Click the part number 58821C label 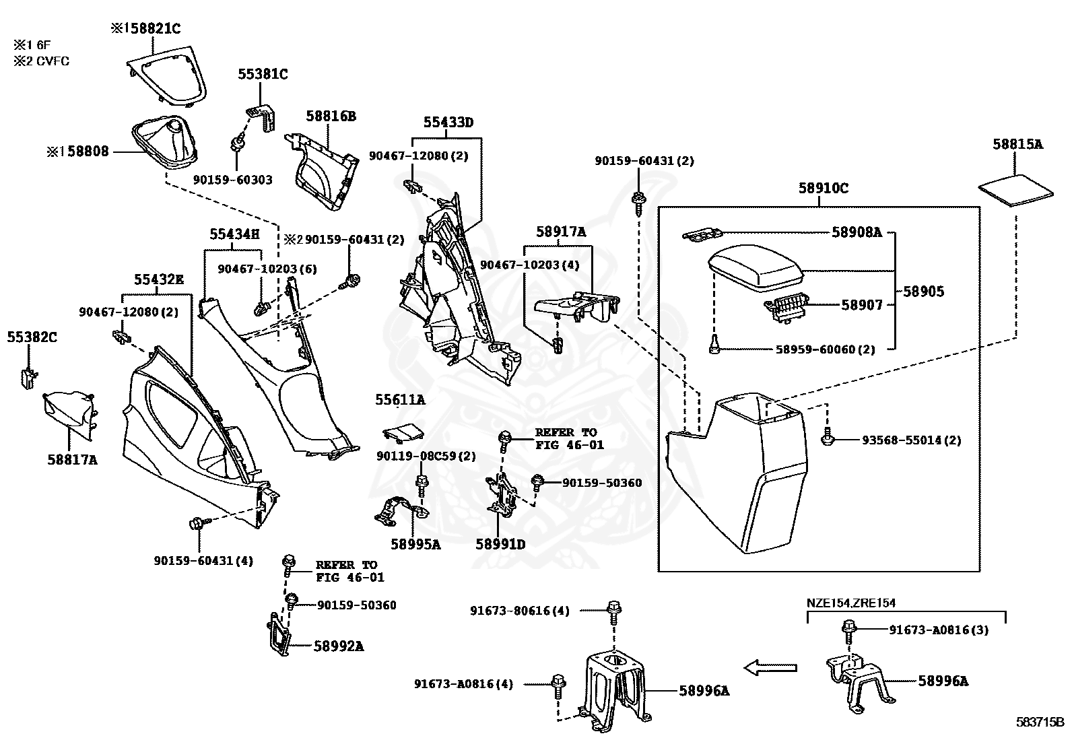pos(152,29)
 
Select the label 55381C pos(263,74)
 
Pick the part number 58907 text pos(861,305)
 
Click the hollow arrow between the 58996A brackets pos(770,667)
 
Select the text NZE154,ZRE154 pos(851,603)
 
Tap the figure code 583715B pos(1040,722)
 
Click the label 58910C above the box pos(823,188)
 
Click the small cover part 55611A pos(403,432)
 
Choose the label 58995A pos(415,544)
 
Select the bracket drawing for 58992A pos(279,634)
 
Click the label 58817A pos(72,460)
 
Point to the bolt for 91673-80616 pos(613,612)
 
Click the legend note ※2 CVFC pos(41,61)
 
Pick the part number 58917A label pos(560,232)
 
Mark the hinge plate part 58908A pos(702,234)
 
